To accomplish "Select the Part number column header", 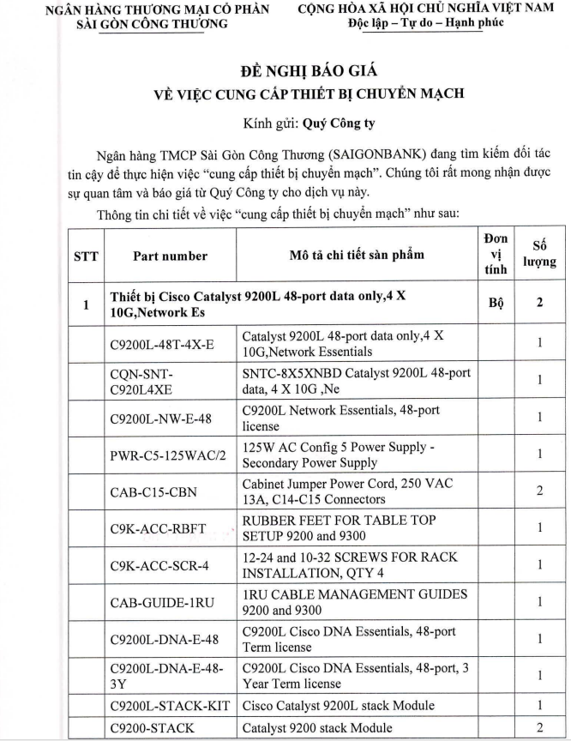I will click(170, 256).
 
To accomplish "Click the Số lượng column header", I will click(539, 255).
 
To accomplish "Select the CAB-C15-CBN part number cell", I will click(151, 492).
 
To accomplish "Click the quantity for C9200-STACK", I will click(539, 727).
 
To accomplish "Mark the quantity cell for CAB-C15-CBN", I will click(539, 492).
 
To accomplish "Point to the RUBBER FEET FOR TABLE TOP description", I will click(339, 521).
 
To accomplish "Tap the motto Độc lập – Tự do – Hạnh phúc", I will click(425, 23).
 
